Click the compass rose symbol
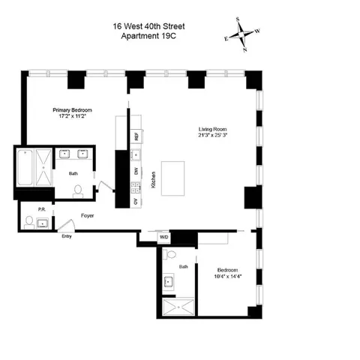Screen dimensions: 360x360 click(242, 35)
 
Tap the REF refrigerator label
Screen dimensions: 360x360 click(136, 137)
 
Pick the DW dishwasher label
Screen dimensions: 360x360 click(136, 172)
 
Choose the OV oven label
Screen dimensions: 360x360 click(136, 202)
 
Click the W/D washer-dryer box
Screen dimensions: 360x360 click(164, 238)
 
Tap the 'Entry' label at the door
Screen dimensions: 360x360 click(67, 237)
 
